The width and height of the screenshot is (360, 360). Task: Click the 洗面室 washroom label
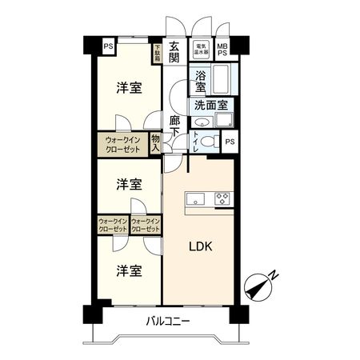(x=210, y=104)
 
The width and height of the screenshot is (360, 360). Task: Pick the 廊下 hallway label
(x=175, y=130)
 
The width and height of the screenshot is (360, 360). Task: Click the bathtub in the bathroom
(x=220, y=80)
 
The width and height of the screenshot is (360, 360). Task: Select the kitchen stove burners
(x=222, y=198)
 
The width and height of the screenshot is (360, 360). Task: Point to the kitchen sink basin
(x=196, y=198)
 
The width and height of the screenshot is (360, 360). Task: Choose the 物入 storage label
(x=155, y=142)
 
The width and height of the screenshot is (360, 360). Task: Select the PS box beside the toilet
(x=230, y=142)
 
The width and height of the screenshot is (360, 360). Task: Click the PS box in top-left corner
(x=107, y=46)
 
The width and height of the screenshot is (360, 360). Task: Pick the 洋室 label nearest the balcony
(x=128, y=270)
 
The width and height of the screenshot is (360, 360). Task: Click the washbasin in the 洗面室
(x=202, y=122)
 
